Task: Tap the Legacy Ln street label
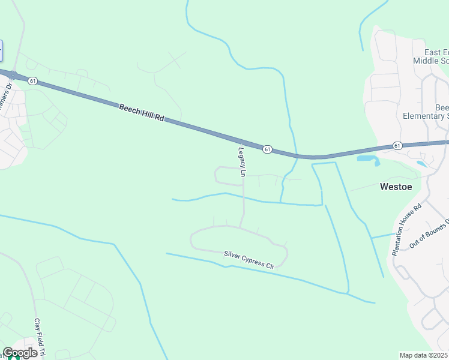242,162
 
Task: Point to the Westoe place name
396,187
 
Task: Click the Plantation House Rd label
408,229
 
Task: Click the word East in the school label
433,52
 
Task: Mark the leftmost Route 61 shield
32,80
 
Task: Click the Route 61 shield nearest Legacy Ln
268,148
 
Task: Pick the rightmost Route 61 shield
397,145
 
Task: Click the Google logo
20,353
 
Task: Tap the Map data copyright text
424,355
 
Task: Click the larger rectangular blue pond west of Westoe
366,158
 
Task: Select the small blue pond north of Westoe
421,163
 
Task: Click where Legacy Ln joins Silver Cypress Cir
241,227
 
